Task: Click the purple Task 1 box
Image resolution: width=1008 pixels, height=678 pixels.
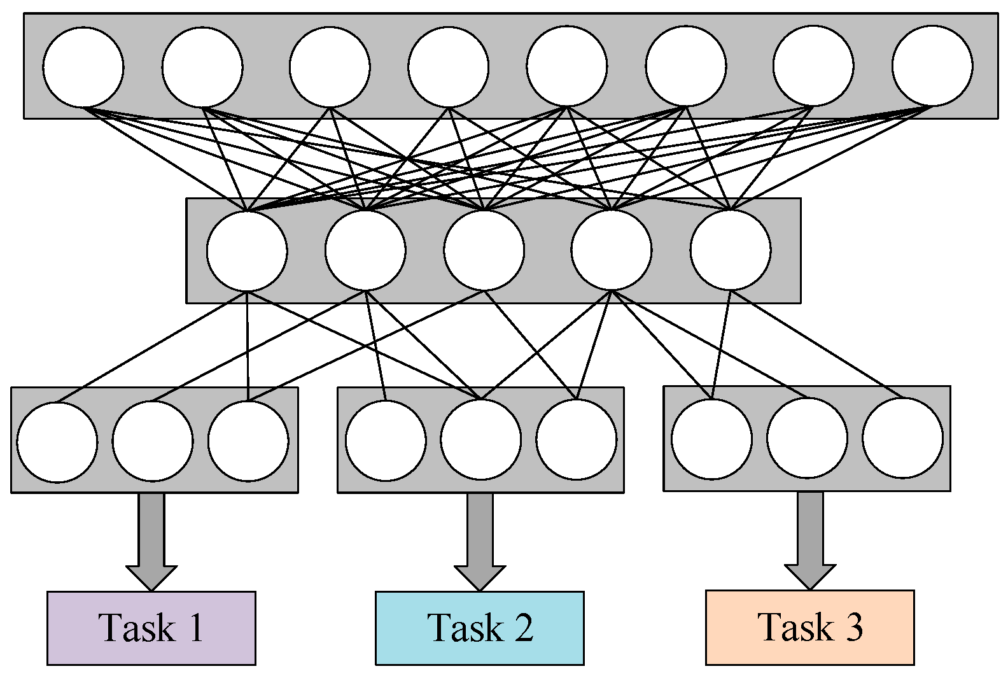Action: click(x=151, y=628)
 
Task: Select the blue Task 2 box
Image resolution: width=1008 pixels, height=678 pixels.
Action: click(x=480, y=628)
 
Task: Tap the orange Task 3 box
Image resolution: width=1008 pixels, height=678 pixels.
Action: click(x=809, y=627)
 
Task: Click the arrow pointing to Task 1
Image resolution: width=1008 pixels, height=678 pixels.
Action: click(x=151, y=541)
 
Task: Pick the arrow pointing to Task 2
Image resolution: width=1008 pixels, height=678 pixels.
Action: click(x=480, y=541)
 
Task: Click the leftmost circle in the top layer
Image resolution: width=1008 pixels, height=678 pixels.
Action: click(x=83, y=67)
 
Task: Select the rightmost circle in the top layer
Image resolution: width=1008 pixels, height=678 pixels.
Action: click(x=932, y=66)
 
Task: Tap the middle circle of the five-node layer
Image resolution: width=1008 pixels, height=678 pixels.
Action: click(x=484, y=250)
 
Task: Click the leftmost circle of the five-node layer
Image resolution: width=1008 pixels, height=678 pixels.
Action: click(x=247, y=251)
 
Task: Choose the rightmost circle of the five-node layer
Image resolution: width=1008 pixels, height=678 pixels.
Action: click(x=731, y=250)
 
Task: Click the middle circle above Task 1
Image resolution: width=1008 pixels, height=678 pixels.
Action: click(x=153, y=441)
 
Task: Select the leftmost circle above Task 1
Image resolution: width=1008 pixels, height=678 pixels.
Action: click(x=57, y=442)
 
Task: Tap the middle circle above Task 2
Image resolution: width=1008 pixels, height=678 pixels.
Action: click(x=481, y=439)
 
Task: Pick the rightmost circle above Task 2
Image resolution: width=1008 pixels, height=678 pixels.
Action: click(x=576, y=439)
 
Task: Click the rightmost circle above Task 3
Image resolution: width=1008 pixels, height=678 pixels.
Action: click(x=902, y=438)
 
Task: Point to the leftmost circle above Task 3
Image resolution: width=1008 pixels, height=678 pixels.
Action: click(x=711, y=439)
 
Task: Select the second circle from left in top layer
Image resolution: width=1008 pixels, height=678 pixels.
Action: click(x=202, y=67)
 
